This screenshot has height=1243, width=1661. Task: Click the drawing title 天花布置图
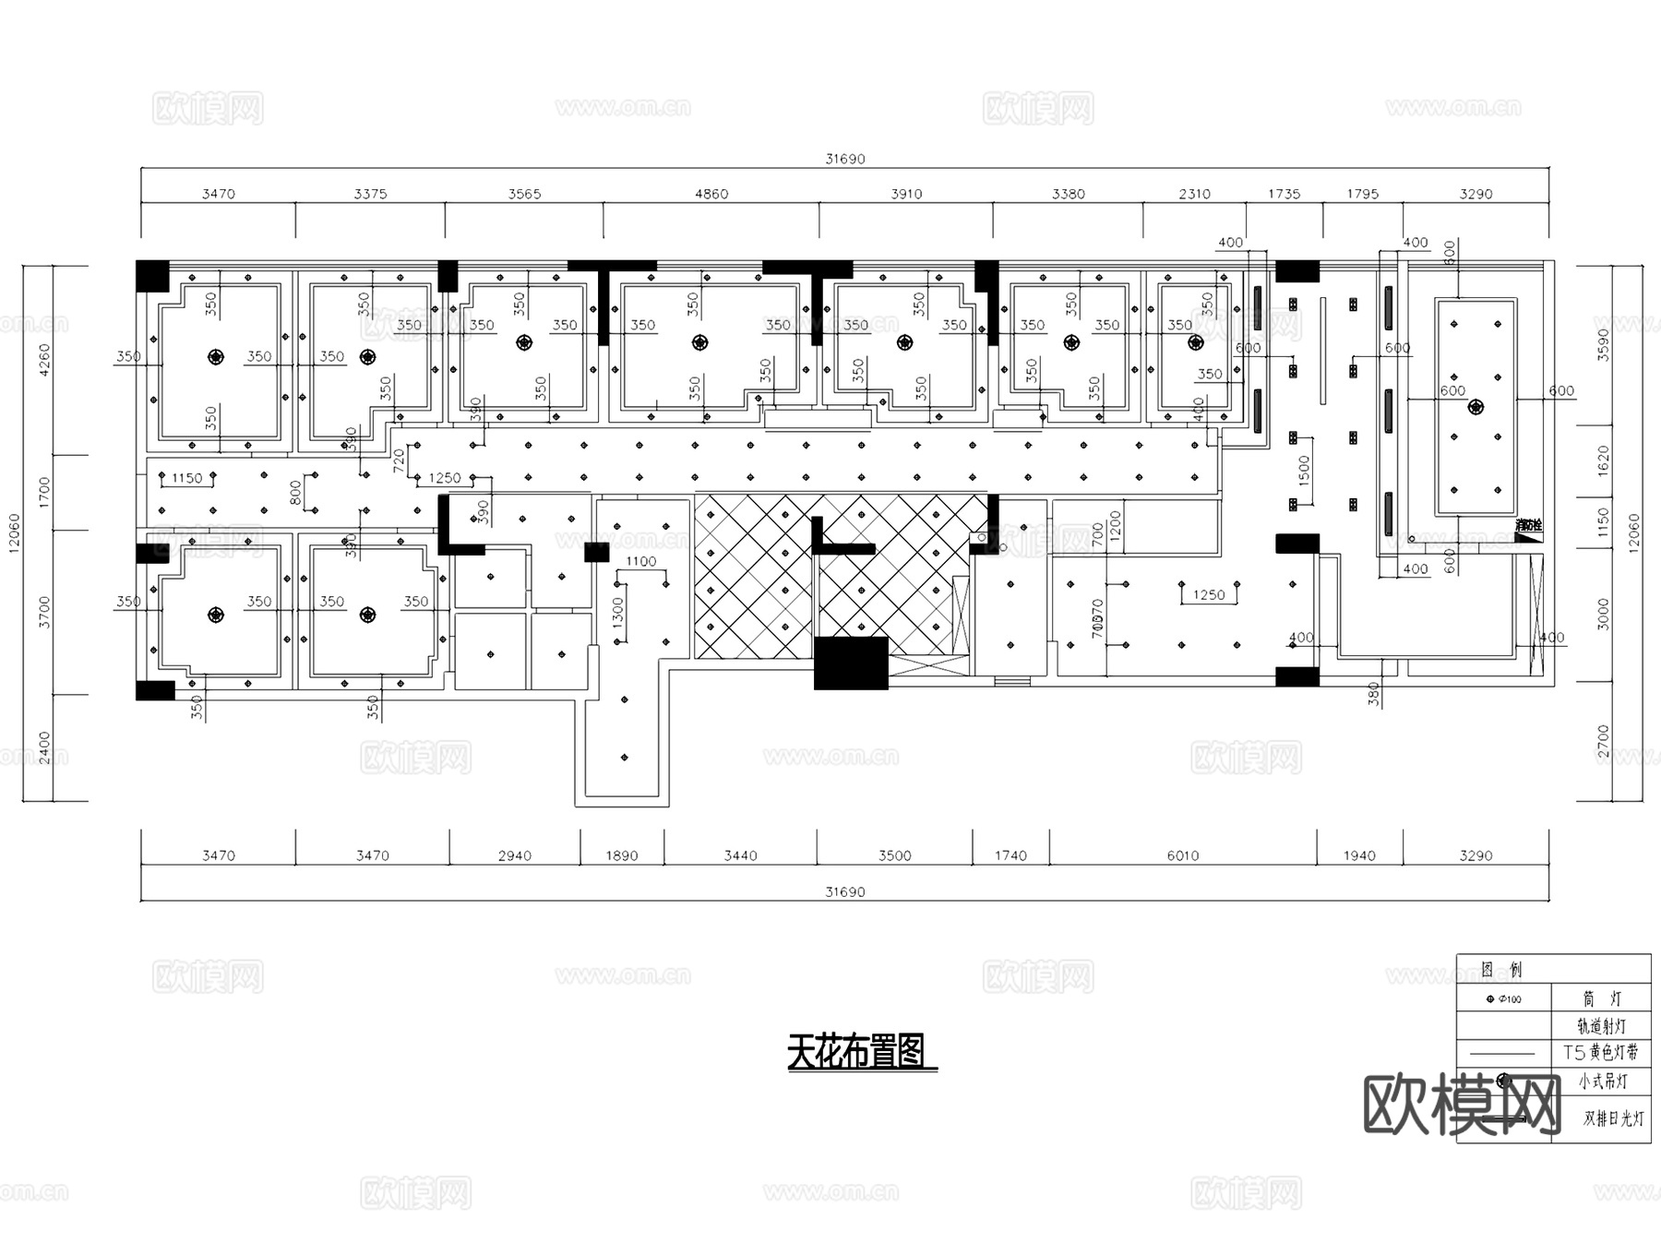pos(857,1052)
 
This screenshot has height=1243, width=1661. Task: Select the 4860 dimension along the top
pos(711,194)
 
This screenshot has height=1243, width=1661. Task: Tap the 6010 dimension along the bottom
pos(1183,855)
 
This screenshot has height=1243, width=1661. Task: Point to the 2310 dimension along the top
pos(1194,194)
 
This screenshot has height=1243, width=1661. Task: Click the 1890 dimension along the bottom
pos(622,855)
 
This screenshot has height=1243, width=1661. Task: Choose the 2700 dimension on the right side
pos(1603,742)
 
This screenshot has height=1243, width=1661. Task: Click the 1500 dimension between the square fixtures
pos(1304,471)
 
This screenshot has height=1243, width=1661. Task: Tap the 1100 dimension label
pos(640,561)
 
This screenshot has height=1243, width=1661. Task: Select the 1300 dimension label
pos(618,614)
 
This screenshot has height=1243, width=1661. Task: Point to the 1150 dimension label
pos(186,478)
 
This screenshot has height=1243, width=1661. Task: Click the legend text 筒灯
pos(1601,998)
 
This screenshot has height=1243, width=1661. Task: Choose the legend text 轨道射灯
pos(1601,1025)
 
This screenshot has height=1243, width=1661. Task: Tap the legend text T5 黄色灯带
pos(1601,1052)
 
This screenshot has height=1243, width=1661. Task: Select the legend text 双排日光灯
pos(1614,1118)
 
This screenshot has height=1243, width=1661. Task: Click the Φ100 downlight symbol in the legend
pos(1490,999)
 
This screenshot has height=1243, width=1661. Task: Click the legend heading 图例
pos(1501,969)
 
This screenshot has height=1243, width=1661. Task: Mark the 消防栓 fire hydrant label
pos(1528,525)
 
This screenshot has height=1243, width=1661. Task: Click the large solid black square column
pos(850,663)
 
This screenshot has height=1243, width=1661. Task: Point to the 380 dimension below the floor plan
pos(1374,694)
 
